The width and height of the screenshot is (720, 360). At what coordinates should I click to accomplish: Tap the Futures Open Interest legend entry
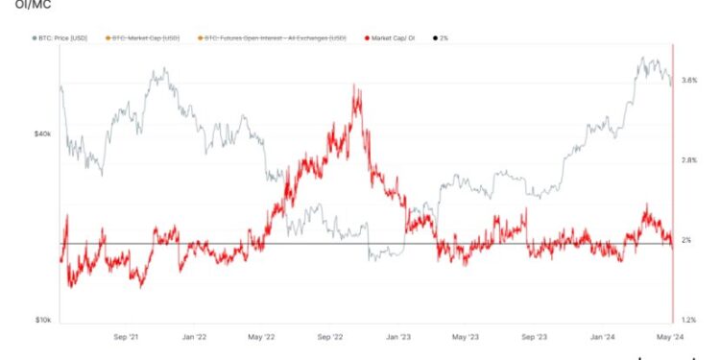click(x=271, y=37)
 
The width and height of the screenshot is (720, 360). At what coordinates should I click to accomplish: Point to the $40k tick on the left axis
click(x=42, y=134)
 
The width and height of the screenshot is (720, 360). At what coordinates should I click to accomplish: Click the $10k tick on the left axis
click(x=42, y=320)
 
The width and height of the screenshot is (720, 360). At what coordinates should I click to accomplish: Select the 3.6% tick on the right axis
click(x=688, y=81)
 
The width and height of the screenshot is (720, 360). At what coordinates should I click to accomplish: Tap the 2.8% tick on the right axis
click(x=688, y=160)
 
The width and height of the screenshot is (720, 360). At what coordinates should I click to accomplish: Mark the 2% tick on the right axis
click(x=686, y=240)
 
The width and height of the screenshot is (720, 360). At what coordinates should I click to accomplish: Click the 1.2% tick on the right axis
click(x=688, y=320)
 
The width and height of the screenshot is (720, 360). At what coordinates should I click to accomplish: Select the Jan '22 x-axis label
click(x=195, y=337)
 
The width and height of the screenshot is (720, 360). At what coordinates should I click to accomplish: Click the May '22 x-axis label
click(x=262, y=337)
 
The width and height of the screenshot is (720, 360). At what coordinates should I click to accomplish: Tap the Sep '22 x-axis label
click(x=330, y=337)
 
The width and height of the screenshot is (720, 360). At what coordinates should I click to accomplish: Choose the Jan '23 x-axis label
click(x=398, y=337)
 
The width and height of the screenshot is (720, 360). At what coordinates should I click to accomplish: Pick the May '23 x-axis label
click(x=466, y=337)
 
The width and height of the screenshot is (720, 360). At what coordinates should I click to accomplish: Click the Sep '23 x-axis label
click(x=534, y=337)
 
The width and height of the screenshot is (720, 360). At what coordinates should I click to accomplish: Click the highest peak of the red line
click(x=356, y=85)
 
